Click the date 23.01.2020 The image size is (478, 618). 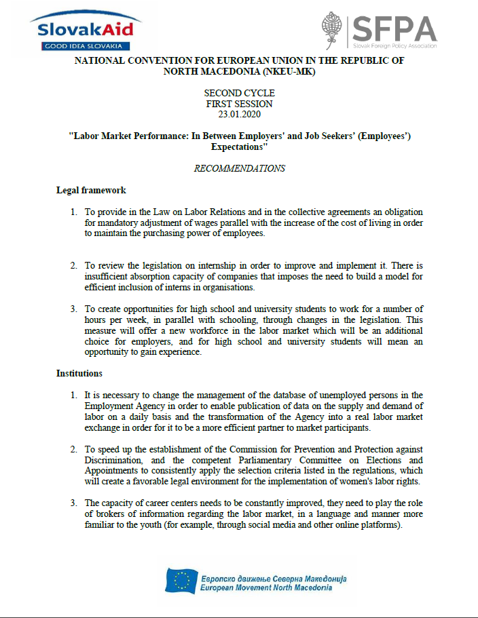point(239,114)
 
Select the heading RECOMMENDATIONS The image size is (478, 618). point(239,168)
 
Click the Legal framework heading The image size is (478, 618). point(90,190)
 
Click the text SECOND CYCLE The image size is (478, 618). point(239,93)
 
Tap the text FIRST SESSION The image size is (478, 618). point(239,104)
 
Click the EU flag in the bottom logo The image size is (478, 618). point(181,581)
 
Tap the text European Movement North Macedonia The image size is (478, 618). point(266,587)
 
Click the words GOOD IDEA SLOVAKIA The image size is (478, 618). point(82,46)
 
